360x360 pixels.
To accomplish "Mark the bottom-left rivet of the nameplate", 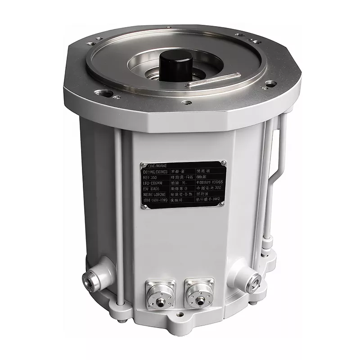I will pyautogui.click(x=144, y=207).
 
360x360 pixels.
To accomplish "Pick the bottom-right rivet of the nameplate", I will pyautogui.click(x=222, y=204).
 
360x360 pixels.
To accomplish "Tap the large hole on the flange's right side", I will pyautogui.click(x=270, y=83).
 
